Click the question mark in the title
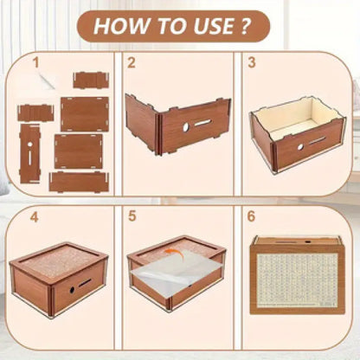pos(244,26)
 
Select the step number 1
pos(35,62)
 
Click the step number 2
pos(132,62)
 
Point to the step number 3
pos(252,62)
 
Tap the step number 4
pos(35,217)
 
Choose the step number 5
pos(132,216)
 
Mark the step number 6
pos(251,216)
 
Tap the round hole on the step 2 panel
pos(186,127)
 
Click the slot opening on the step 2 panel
pos(203,123)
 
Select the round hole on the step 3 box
pos(300,147)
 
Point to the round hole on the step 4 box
pos(72,290)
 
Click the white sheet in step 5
pos(175,270)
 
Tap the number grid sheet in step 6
pos(297,280)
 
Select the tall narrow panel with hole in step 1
pos(29,154)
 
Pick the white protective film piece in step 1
pos(46,80)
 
